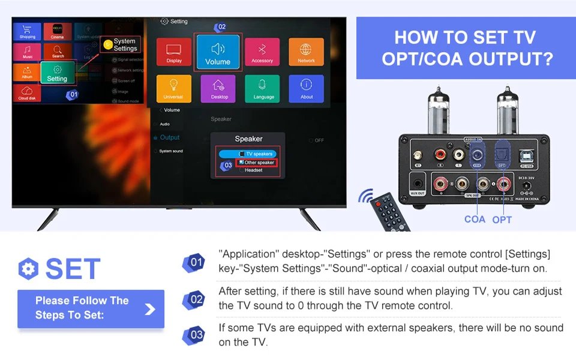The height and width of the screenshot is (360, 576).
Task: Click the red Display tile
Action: coord(174,52)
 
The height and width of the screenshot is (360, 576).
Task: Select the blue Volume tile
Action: coord(217,53)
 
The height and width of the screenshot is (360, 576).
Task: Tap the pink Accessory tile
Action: coord(262,52)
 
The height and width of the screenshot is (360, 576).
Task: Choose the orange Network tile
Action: coord(306,52)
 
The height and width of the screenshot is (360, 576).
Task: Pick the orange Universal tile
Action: coord(174,88)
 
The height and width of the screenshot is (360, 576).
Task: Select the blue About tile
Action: coord(306,88)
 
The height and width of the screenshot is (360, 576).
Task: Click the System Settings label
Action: coord(124,45)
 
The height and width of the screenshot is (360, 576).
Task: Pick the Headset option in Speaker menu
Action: coord(252,170)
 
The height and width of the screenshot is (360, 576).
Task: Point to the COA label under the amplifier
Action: coord(475,219)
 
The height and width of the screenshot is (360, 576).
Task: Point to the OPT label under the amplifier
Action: coord(502,220)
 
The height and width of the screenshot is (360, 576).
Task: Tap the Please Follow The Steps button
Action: coord(91,308)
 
